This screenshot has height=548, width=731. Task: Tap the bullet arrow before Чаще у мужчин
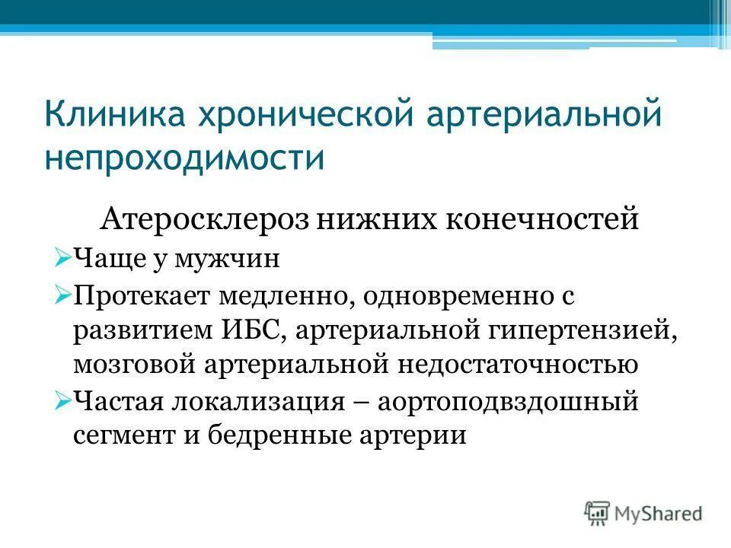click(62, 259)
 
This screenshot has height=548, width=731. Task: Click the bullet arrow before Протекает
click(62, 294)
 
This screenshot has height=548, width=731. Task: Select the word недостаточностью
click(515, 365)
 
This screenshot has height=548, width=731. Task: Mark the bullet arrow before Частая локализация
click(62, 400)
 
